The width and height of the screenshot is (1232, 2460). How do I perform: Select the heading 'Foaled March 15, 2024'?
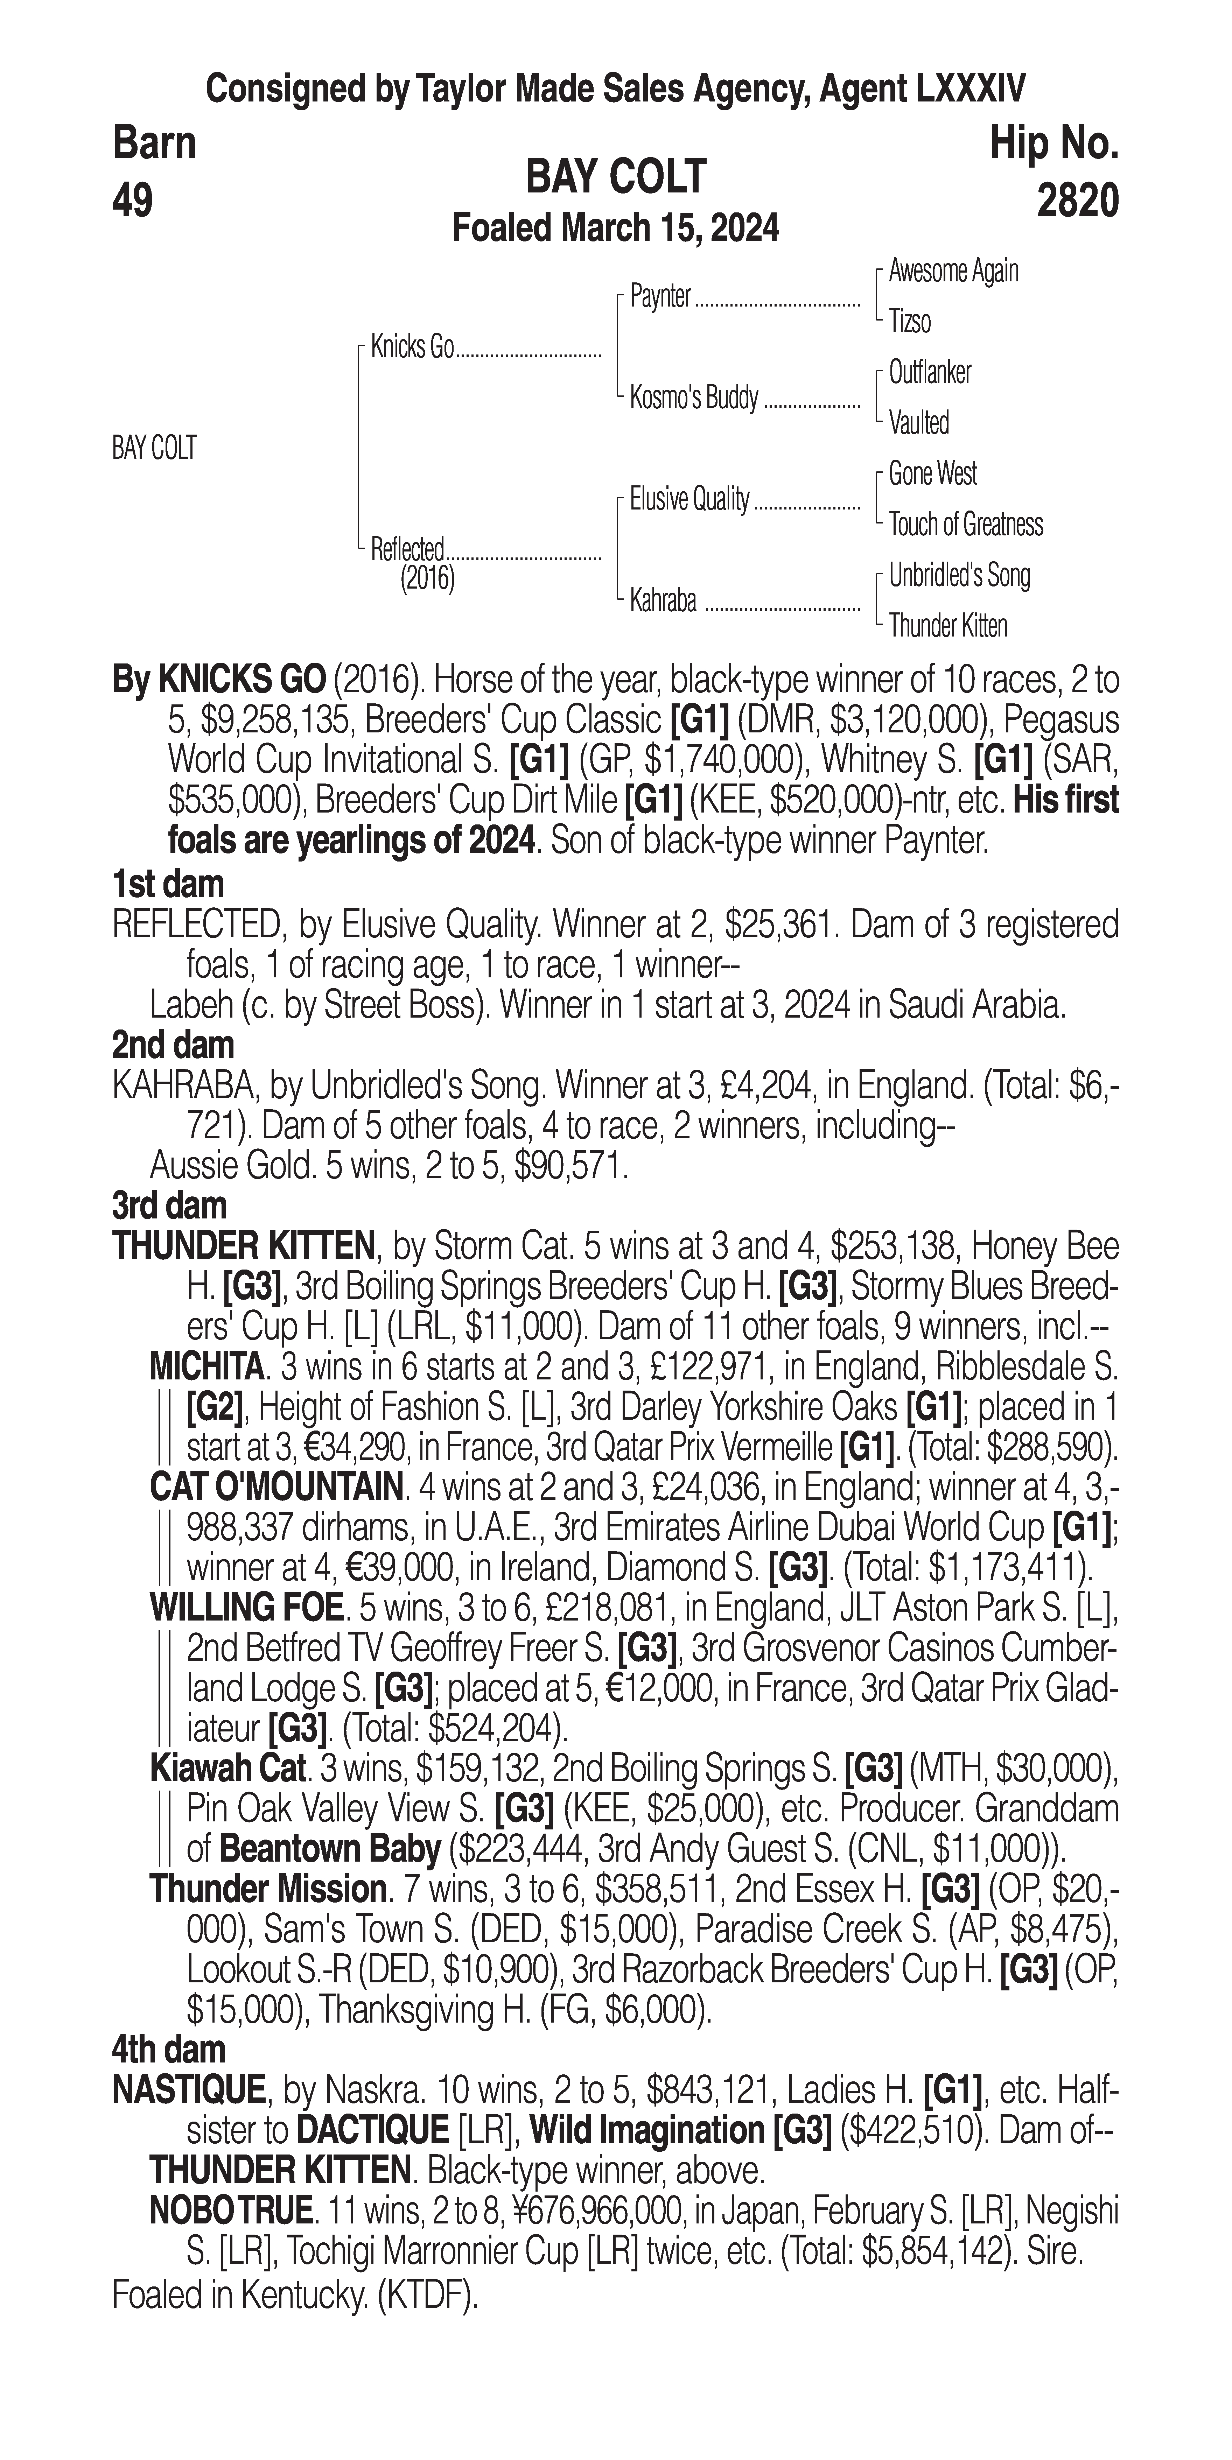(x=615, y=228)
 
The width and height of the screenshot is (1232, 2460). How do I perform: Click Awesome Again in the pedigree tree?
(x=953, y=271)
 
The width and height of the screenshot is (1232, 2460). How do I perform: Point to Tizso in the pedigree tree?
(x=909, y=322)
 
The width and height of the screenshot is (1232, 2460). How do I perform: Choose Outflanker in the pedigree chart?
(x=929, y=372)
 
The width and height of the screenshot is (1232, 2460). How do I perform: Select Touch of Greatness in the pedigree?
(x=966, y=524)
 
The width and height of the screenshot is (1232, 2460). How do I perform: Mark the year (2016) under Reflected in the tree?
(x=427, y=579)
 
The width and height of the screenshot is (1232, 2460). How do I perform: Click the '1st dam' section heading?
(x=168, y=884)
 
